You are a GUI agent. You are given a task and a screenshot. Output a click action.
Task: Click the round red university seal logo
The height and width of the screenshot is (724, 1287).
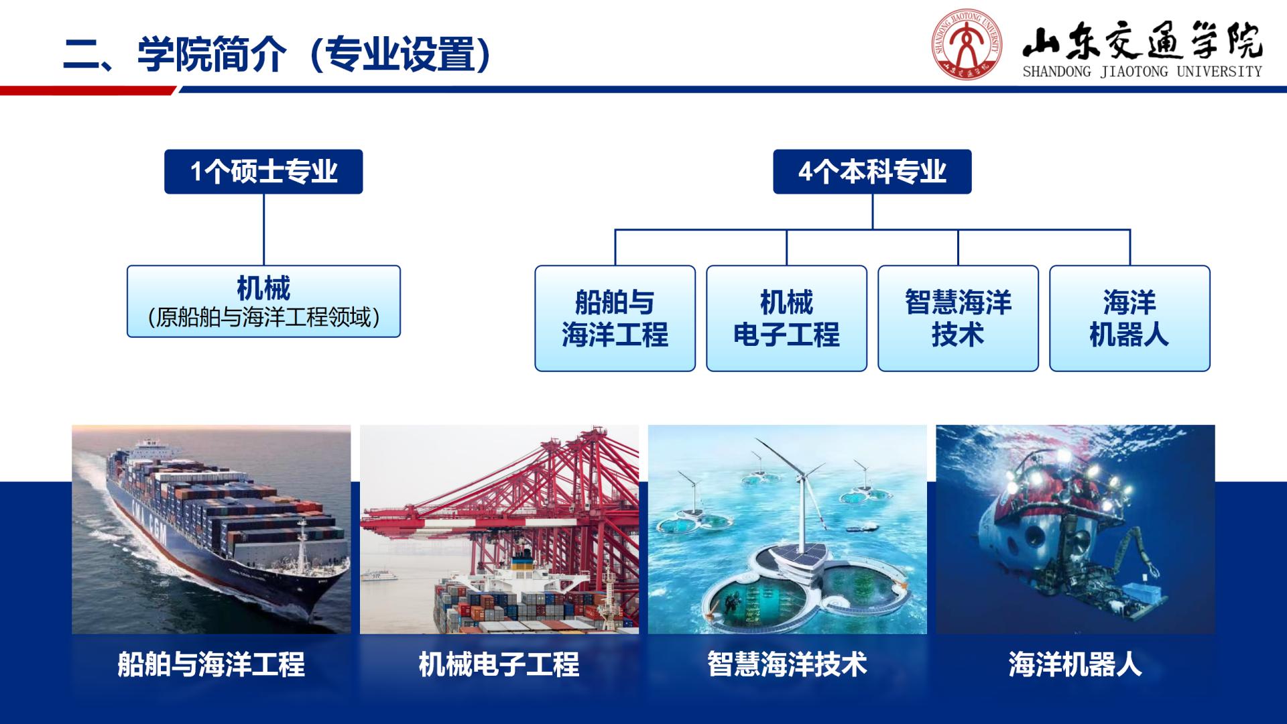pos(967,45)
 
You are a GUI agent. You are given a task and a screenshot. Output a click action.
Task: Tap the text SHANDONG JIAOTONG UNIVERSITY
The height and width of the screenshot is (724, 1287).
pos(1142,72)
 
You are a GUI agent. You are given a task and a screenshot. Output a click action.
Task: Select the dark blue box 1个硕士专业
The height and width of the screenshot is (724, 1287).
pos(263,172)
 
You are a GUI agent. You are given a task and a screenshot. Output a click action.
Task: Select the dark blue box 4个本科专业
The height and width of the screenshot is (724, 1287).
pos(872,172)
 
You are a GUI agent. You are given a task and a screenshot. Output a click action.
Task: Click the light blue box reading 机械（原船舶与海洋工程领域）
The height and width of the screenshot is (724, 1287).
pos(263,301)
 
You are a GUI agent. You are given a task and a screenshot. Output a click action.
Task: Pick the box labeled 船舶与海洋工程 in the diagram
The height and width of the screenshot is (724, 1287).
pos(615,318)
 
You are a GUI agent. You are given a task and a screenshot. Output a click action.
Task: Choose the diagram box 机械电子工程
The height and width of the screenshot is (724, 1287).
pos(786,318)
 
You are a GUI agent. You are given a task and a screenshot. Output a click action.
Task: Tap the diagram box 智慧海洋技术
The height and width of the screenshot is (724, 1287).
pos(958,318)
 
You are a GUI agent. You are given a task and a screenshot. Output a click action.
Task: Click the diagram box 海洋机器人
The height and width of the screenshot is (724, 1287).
pos(1129,318)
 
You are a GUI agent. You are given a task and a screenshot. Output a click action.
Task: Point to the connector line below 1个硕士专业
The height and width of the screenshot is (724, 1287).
pos(263,229)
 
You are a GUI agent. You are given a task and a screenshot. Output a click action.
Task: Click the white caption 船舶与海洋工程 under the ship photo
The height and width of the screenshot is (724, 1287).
pos(211,664)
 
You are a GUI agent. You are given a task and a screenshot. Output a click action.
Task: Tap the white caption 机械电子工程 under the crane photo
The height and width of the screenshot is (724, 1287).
pos(499,664)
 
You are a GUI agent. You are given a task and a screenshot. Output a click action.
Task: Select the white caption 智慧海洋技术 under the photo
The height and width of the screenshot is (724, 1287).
pos(787,664)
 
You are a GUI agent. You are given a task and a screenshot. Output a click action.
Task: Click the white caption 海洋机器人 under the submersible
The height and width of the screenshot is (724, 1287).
pos(1075,664)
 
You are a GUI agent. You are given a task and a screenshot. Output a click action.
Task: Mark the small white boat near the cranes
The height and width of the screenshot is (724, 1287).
pos(379,575)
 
